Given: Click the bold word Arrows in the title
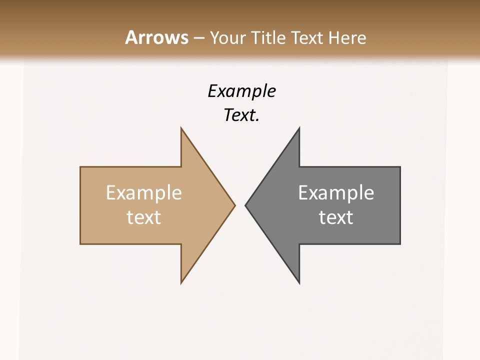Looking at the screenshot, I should (x=156, y=37).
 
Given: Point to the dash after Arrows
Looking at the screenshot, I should (x=198, y=38).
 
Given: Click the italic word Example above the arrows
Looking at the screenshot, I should (x=241, y=91).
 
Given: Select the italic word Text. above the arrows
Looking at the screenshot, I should (x=241, y=115).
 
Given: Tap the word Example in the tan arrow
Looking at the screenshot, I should (x=144, y=192).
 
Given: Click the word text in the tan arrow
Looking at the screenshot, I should (x=144, y=217).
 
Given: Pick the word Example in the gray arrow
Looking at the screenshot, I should (x=336, y=192).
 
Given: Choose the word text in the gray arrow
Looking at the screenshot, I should (x=336, y=217).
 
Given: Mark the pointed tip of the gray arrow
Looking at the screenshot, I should (x=246, y=205).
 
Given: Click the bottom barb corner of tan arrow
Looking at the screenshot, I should (x=181, y=282).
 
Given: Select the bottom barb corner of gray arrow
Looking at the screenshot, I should (x=299, y=282).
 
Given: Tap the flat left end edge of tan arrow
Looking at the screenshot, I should (x=80, y=205).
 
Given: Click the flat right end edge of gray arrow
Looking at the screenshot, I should (x=400, y=205).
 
